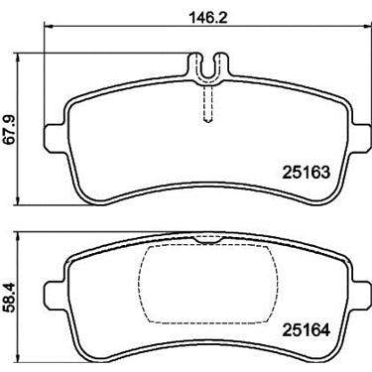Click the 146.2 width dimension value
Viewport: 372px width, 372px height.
(x=207, y=17)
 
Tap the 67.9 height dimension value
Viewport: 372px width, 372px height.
(x=9, y=129)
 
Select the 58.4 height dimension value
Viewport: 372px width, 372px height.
(x=9, y=298)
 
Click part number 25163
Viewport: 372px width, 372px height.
(x=306, y=172)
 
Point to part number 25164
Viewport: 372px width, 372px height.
(x=306, y=329)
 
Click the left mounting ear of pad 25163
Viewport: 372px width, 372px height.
(x=53, y=138)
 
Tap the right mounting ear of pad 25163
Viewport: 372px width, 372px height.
(x=362, y=138)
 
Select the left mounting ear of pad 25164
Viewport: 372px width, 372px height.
(x=53, y=294)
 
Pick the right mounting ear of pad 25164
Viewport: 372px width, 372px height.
(x=362, y=294)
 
